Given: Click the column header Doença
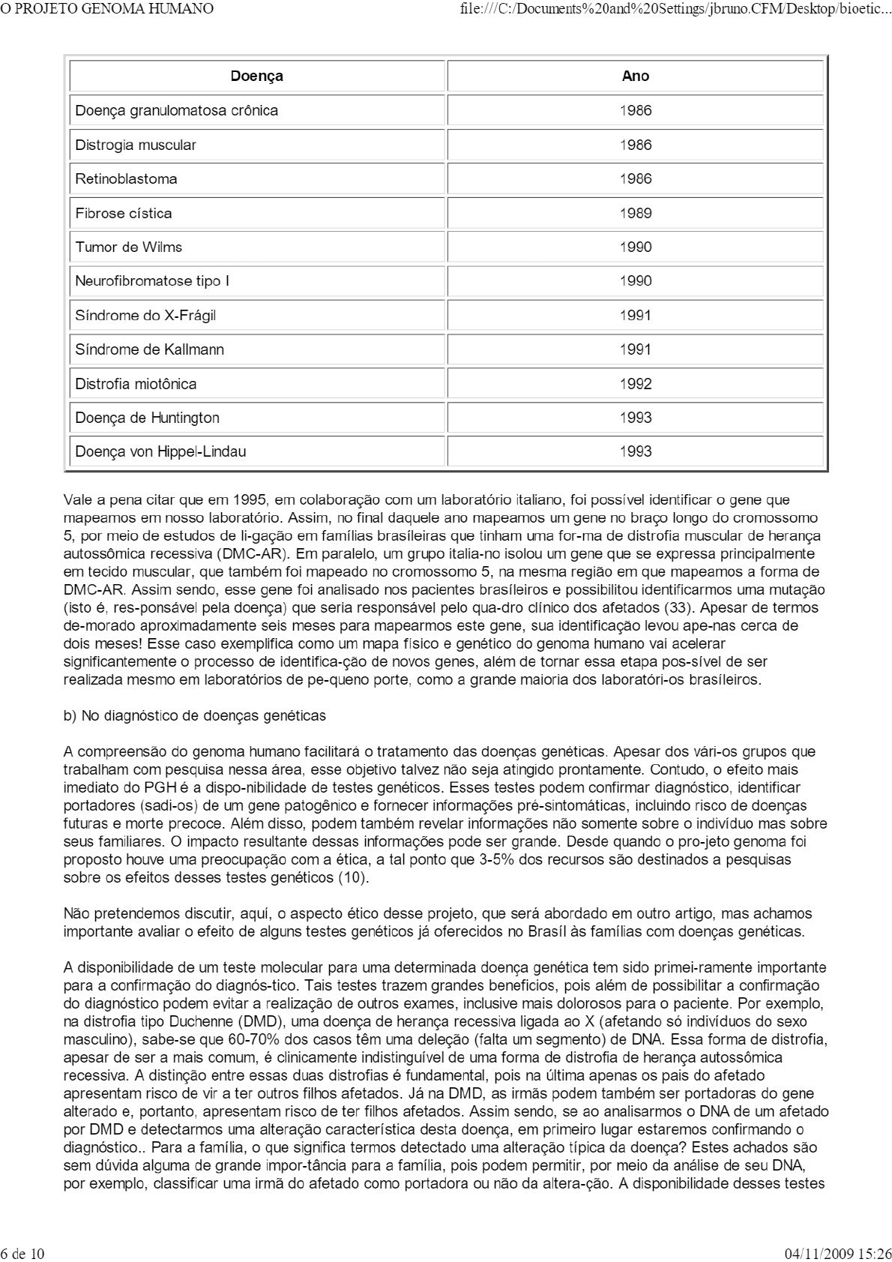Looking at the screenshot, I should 256,76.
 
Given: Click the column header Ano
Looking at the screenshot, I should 635,76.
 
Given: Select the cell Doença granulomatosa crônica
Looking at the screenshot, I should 176,110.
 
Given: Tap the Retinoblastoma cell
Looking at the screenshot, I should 126,178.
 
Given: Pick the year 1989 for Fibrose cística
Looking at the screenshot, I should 635,213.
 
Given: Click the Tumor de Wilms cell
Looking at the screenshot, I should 128,247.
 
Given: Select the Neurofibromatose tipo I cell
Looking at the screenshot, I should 151,281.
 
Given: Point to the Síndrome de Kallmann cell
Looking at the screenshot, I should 149,349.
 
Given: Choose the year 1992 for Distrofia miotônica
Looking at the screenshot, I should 635,384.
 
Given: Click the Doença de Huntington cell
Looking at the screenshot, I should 147,418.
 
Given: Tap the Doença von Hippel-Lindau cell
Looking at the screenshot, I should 160,451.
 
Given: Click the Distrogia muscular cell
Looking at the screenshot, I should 135,145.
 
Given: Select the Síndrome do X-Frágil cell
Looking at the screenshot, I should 145,315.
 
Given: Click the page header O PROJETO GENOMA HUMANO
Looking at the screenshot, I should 107,9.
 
